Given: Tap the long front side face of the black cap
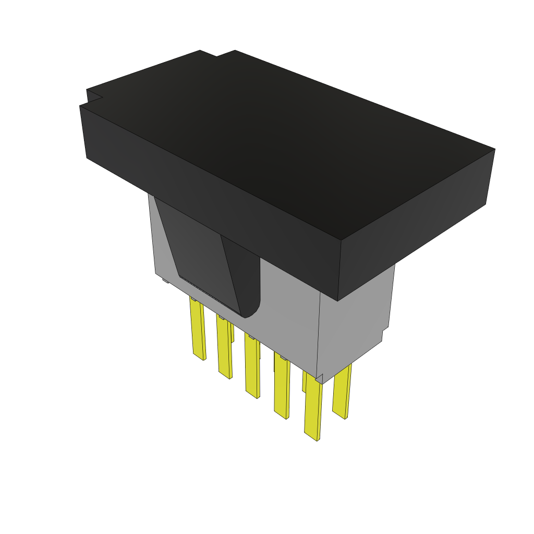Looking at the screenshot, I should click(x=209, y=198).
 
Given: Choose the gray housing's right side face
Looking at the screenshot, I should click(x=355, y=323).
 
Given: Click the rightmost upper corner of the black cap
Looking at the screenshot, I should click(x=493, y=150).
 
